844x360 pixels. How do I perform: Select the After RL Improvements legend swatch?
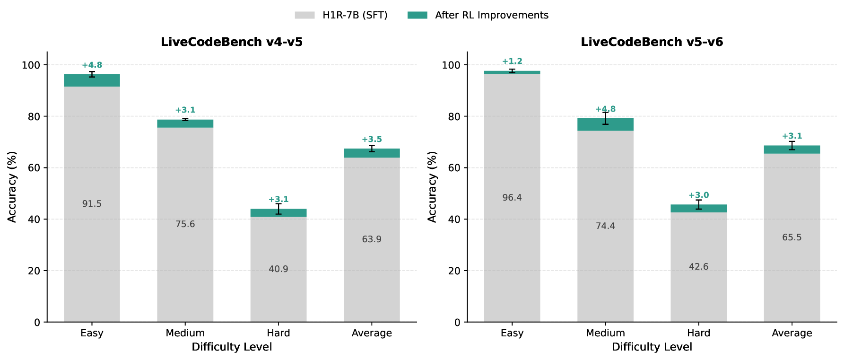pyautogui.click(x=417, y=15)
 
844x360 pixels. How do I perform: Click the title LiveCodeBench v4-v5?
pyautogui.click(x=232, y=42)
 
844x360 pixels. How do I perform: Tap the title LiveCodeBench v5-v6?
pyautogui.click(x=652, y=42)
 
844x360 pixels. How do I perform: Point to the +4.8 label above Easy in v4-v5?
pyautogui.click(x=92, y=65)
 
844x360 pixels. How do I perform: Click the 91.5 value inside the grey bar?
pyautogui.click(x=92, y=204)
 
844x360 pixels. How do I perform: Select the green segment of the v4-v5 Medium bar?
pyautogui.click(x=185, y=124)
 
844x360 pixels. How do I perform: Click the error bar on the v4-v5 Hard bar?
pyautogui.click(x=278, y=209)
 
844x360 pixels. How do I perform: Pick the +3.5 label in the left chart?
pyautogui.click(x=372, y=140)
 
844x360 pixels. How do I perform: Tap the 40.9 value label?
pyautogui.click(x=278, y=269)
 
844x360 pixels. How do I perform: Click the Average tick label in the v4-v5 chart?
pyautogui.click(x=372, y=333)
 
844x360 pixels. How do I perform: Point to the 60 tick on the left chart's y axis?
pyautogui.click(x=34, y=168)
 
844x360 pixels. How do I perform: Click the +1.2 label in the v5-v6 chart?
pyautogui.click(x=512, y=61)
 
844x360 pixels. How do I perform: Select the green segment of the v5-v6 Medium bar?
pyautogui.click(x=605, y=125)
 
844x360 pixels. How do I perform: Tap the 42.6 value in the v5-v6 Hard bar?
pyautogui.click(x=698, y=267)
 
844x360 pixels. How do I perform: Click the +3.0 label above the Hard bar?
pyautogui.click(x=698, y=195)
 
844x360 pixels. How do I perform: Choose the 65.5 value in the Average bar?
pyautogui.click(x=792, y=237)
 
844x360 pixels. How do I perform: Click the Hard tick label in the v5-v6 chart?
pyautogui.click(x=698, y=333)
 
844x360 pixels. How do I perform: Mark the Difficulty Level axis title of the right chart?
pyautogui.click(x=652, y=347)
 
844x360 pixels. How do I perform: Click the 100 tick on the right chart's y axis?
pyautogui.click(x=451, y=65)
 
